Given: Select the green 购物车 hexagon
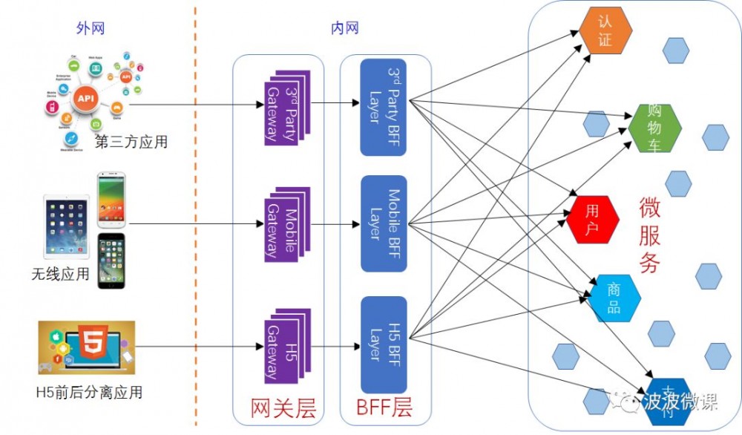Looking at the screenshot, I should tap(654, 127).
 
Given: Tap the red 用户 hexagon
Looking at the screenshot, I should tap(593, 219).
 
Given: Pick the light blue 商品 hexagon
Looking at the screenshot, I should tap(614, 298).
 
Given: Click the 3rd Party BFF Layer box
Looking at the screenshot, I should tap(383, 108).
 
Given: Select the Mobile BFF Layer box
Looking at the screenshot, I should tap(383, 223).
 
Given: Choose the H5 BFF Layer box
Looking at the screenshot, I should tap(383, 344).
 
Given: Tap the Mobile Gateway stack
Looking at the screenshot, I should tap(286, 223).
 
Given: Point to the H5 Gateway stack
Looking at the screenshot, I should tap(286, 344).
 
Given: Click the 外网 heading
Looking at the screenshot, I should tap(91, 28).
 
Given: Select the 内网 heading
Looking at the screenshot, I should tap(345, 28).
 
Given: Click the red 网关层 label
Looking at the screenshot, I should tap(283, 408).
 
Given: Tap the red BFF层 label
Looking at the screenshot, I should tap(384, 408).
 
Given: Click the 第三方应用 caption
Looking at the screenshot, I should tap(131, 142).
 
